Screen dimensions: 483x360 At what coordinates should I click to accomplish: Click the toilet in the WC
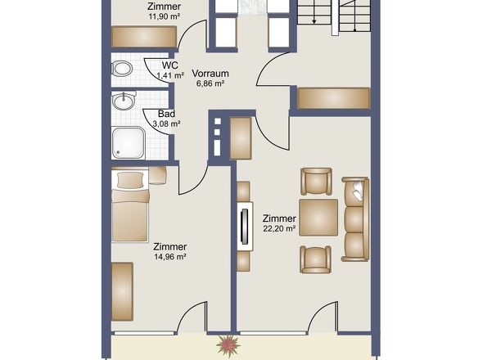click(122, 68)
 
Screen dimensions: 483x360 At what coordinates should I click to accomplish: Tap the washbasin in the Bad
click(124, 101)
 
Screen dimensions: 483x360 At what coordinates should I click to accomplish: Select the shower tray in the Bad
click(129, 142)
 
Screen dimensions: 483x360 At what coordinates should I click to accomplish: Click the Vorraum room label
click(210, 74)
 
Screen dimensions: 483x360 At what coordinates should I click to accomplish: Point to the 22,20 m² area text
click(279, 228)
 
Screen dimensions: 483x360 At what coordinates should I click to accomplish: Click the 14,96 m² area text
click(170, 257)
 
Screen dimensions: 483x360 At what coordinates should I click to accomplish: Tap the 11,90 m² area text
click(165, 16)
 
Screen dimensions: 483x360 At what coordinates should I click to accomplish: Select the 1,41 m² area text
click(170, 75)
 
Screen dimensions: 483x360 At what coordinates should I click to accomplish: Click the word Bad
click(166, 114)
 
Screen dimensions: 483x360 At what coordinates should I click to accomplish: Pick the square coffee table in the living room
click(318, 218)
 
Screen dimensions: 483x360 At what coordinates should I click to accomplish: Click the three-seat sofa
click(355, 219)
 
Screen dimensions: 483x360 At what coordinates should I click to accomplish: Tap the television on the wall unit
click(245, 227)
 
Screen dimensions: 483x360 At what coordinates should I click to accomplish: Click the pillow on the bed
click(130, 180)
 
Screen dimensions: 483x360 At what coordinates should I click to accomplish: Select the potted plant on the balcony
click(228, 345)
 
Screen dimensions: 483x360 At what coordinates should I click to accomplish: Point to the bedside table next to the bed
click(157, 176)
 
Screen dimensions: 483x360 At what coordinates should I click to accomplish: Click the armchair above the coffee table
click(316, 182)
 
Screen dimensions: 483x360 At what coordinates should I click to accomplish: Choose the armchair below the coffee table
click(316, 259)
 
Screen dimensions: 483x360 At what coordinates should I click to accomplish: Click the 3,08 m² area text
click(167, 124)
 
